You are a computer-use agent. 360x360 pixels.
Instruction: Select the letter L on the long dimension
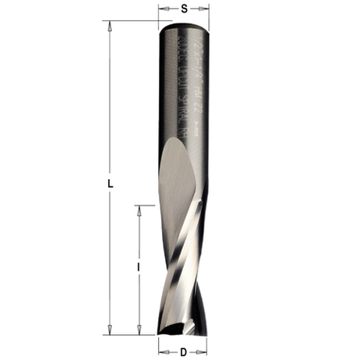tap(111, 183)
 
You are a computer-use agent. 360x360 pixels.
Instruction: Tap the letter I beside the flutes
tap(139, 268)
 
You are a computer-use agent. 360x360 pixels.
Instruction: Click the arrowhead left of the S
tap(161, 9)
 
